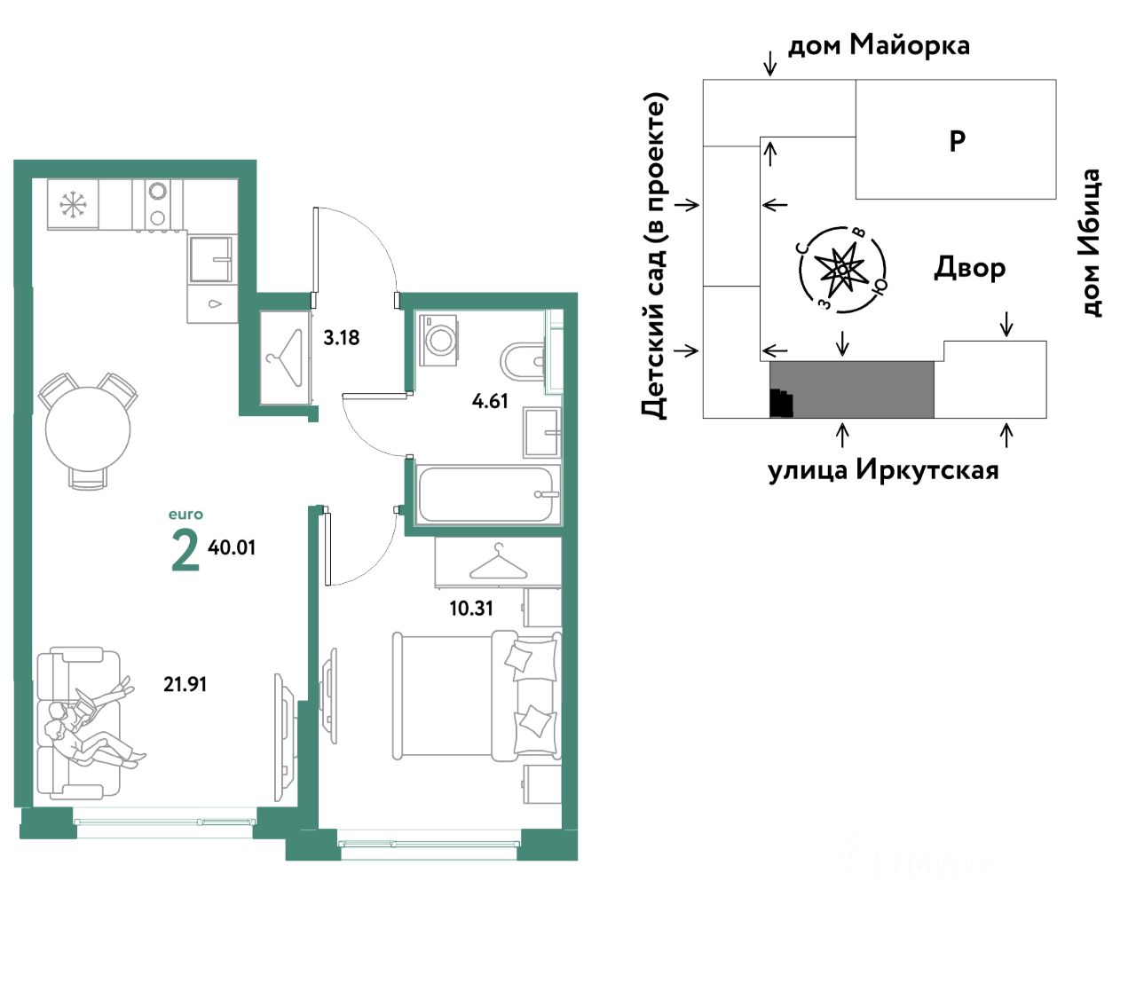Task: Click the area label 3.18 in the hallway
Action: point(341,337)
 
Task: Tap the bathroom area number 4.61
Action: point(490,401)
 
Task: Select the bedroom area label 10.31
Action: point(471,609)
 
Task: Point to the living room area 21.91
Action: point(185,684)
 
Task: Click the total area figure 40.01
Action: point(231,547)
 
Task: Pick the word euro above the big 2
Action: point(185,514)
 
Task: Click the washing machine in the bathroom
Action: point(438,340)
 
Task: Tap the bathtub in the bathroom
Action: point(487,494)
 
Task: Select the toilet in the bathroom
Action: point(522,361)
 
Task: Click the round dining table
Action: point(88,429)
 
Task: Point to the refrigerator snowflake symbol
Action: point(71,204)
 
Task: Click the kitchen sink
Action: point(210,259)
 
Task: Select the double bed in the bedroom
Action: point(476,696)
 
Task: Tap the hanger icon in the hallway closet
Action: point(286,358)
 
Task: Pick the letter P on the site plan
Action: point(957,140)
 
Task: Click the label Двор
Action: point(969,268)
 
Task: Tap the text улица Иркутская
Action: point(883,470)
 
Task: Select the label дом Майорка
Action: point(879,45)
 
